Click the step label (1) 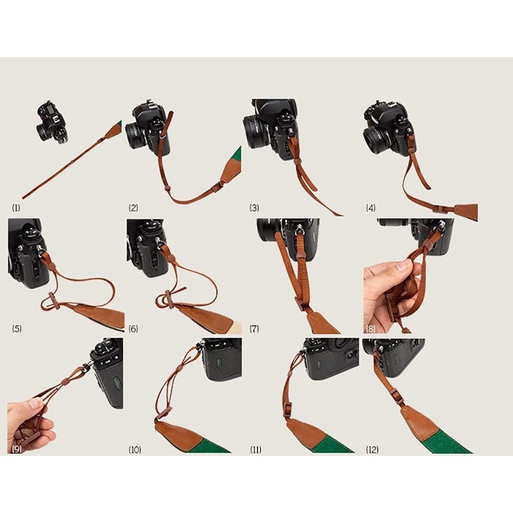[16, 208]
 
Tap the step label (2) [133, 208]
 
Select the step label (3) [254, 208]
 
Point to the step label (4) [370, 208]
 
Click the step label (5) [16, 329]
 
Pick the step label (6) [133, 329]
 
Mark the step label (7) [254, 329]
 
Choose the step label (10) [134, 449]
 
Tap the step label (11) [255, 449]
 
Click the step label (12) [372, 449]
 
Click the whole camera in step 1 [52, 122]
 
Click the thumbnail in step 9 [35, 404]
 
